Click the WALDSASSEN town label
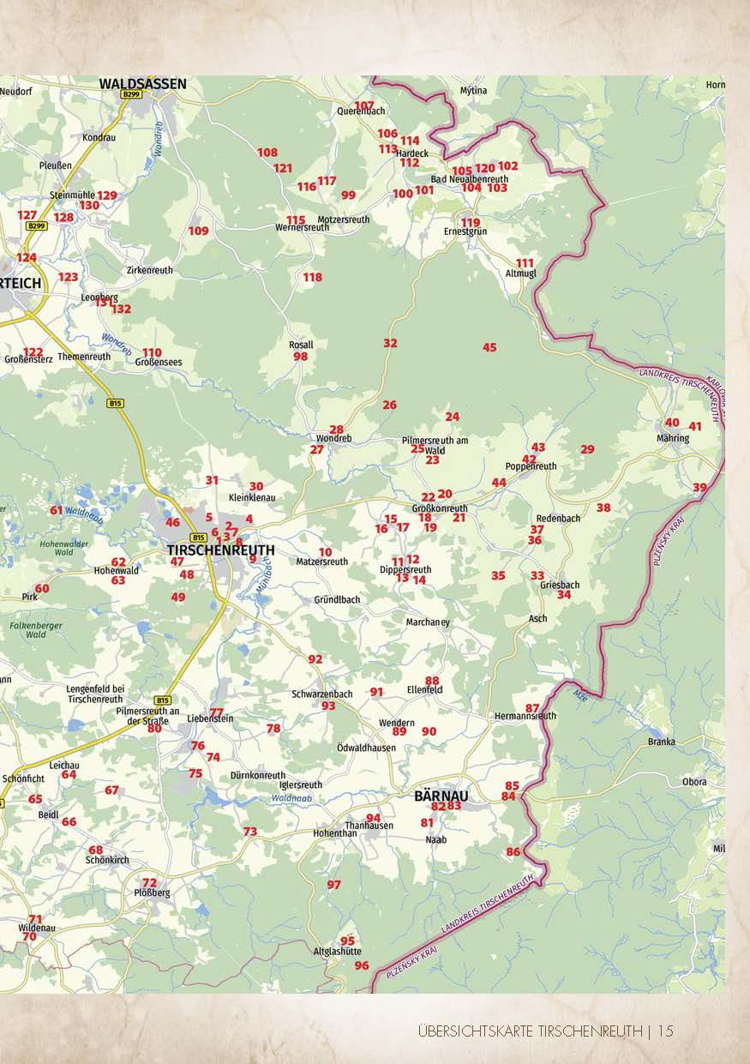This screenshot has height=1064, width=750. pos(142,83)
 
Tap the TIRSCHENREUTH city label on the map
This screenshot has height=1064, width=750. pos(221,550)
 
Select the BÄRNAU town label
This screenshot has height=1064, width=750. pos(441,795)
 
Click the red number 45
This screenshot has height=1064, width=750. pos(489,347)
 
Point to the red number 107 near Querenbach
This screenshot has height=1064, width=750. pos(364,105)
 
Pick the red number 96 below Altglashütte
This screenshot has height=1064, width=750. pos(362,965)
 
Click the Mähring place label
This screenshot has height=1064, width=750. pos(673,438)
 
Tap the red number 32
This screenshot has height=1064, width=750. pos(390,343)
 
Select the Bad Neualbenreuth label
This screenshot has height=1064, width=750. pos(469,179)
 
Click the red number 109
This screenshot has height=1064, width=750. pos(198,231)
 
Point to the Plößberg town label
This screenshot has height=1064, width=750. pos(152,893)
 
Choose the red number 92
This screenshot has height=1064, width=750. pos(315,658)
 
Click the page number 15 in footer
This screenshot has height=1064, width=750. pos(665,1031)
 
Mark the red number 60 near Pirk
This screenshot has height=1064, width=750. pos(42,588)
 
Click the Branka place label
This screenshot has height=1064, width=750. pos(662,742)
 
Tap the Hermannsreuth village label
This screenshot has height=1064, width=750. pos(525,716)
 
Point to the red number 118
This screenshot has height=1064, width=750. pos(312,277)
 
